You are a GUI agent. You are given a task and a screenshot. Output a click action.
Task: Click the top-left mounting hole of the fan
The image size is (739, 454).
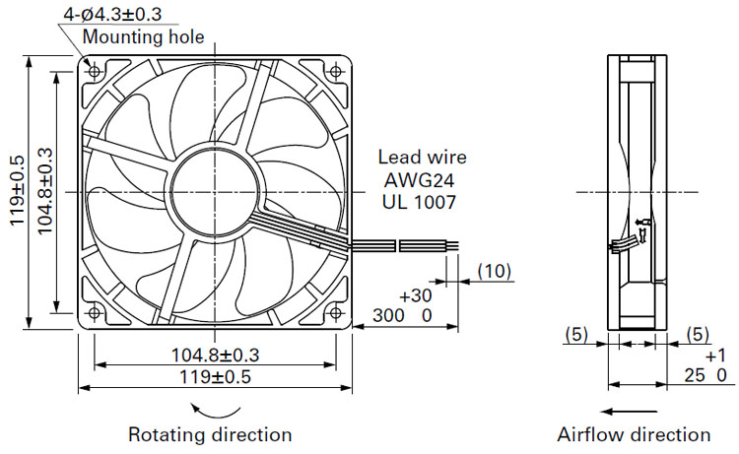[95, 72]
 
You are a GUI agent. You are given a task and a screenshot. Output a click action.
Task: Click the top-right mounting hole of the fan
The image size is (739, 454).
[336, 72]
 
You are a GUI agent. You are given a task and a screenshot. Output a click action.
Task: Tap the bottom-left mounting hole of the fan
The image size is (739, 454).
[95, 313]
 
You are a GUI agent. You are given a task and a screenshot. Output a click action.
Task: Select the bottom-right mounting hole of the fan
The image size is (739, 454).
[336, 313]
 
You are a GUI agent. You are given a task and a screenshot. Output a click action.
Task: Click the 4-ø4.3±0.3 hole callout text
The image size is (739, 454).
[112, 14]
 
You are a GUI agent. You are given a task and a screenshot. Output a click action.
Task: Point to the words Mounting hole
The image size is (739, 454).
[144, 36]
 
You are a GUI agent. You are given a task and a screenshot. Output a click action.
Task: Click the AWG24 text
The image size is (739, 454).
[419, 180]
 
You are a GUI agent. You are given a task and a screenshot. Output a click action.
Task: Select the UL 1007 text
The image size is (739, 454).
[419, 202]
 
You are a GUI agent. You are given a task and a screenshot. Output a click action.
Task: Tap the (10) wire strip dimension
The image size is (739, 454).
[495, 271]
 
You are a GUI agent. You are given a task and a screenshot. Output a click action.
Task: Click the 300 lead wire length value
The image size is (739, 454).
[388, 315]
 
